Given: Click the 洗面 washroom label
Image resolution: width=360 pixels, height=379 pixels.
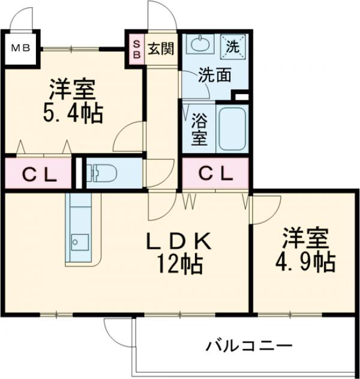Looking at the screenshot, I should tap(215, 76).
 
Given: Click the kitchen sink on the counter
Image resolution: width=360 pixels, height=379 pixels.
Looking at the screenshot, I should tap(77, 242).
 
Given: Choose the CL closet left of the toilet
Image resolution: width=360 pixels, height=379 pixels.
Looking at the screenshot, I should tap(39, 174).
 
